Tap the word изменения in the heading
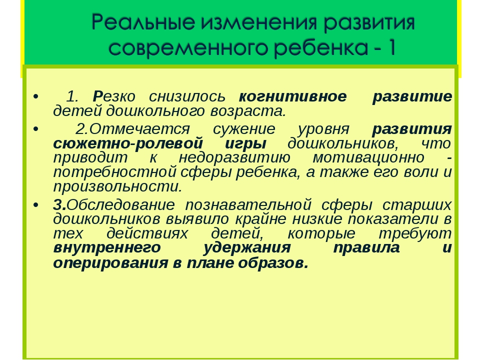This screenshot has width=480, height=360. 258,23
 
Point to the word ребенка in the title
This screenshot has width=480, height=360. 320,48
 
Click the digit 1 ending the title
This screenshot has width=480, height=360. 392,48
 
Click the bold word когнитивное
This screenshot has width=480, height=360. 292,96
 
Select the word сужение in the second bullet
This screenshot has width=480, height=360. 244,129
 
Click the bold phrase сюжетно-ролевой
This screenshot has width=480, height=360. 128,143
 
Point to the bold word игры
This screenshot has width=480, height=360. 246,144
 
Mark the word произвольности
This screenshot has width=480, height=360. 118,187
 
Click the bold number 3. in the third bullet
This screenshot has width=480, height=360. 59,205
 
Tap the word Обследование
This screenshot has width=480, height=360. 120,205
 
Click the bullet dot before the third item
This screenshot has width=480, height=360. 36,205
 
